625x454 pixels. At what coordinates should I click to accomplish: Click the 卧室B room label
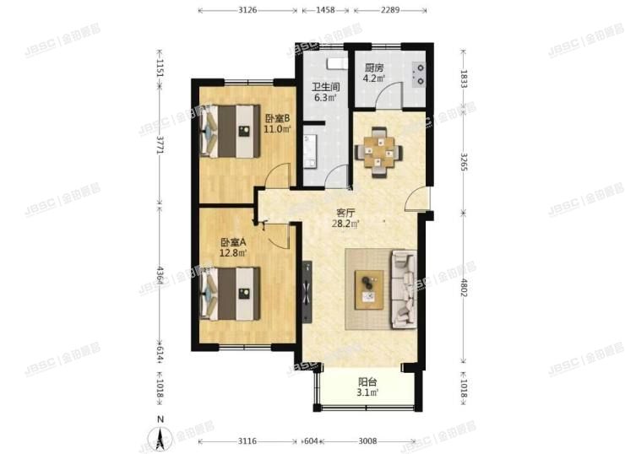click(277, 118)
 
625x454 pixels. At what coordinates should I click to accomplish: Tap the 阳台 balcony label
click(366, 381)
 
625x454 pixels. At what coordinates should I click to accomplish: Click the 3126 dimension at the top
click(247, 10)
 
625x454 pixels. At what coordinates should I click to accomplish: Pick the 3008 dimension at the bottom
click(367, 441)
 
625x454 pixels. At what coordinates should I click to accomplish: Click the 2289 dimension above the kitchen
click(389, 10)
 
